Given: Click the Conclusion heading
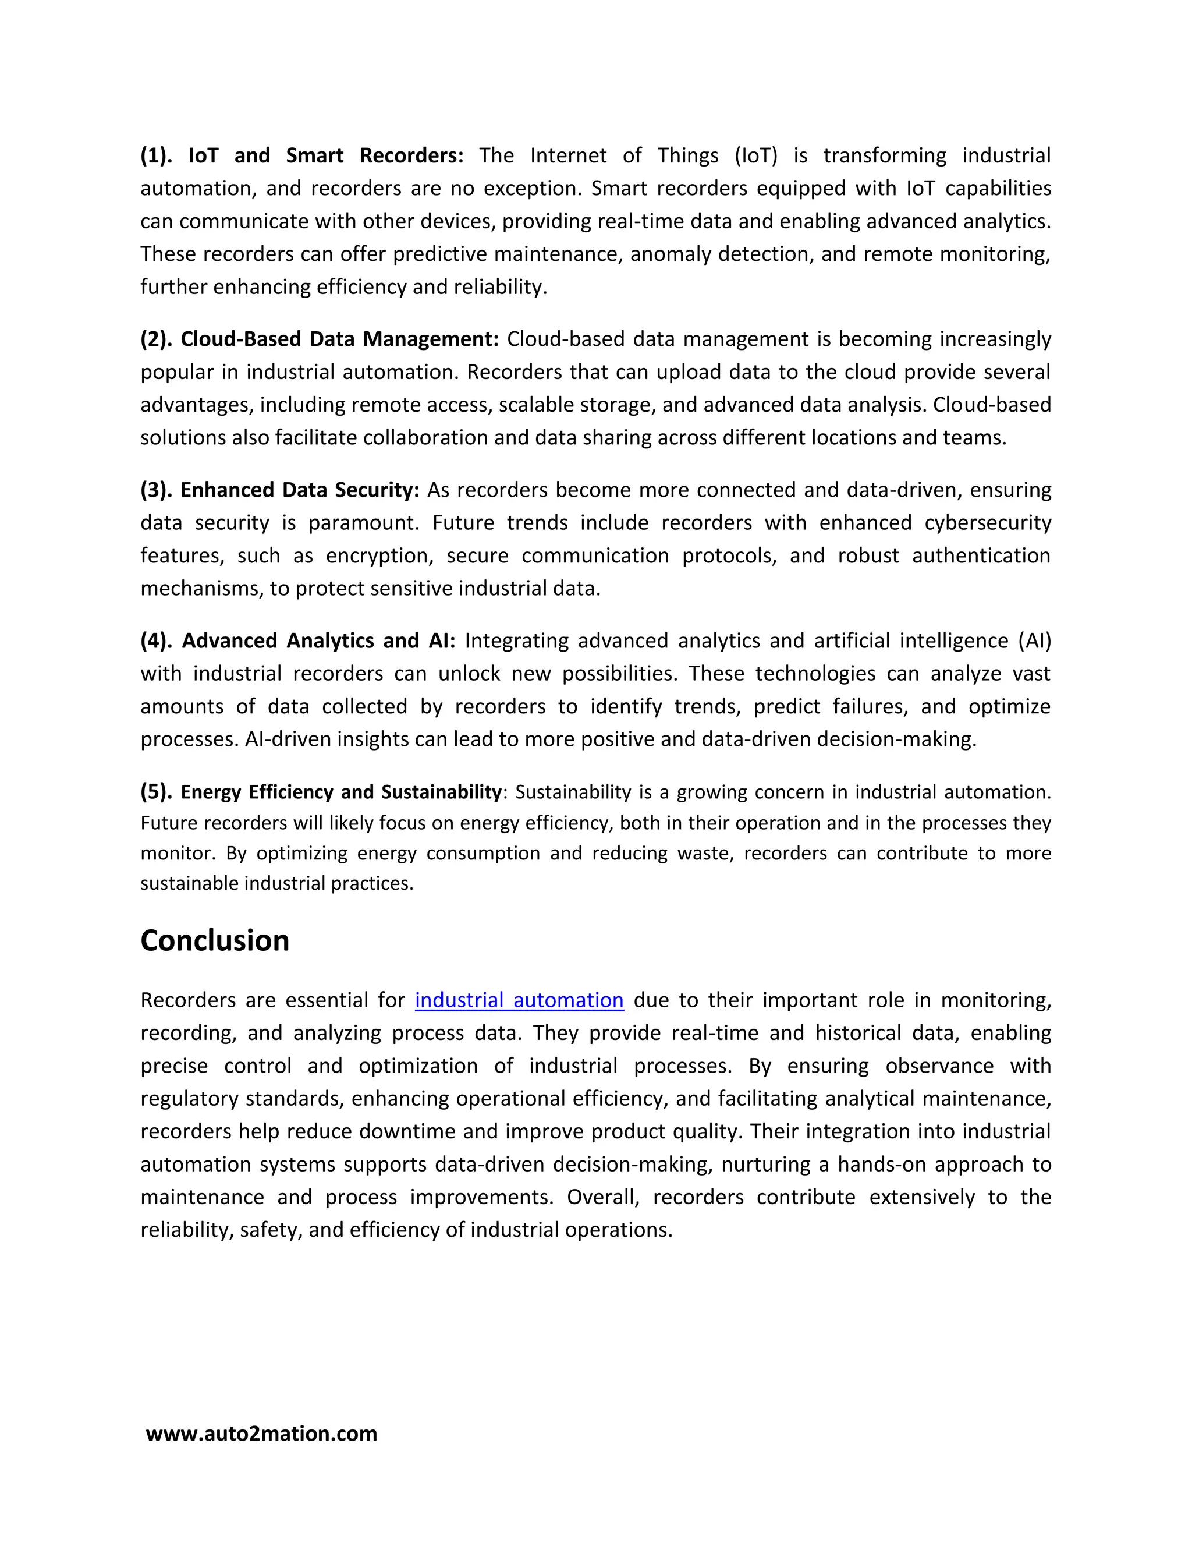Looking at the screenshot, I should point(215,941).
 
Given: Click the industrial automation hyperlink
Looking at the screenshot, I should point(519,1000).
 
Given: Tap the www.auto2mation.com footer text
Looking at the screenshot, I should point(261,1434).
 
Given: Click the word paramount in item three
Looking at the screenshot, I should point(364,523).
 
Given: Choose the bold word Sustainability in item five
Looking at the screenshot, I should point(441,792).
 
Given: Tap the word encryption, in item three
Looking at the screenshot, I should point(378,556).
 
